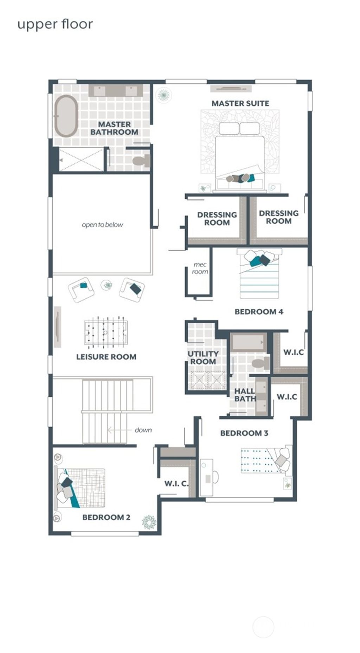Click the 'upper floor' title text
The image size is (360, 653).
point(55,25)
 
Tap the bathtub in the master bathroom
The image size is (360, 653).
point(66,116)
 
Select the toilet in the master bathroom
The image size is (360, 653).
point(141,161)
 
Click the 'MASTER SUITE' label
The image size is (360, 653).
point(240,103)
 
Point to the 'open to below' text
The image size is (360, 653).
point(102,225)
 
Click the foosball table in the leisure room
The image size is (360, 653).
point(105,332)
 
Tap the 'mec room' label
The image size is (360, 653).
point(200,268)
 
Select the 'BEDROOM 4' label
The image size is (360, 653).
point(259,312)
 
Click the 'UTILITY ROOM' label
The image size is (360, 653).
point(203,358)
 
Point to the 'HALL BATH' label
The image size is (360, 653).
point(245,395)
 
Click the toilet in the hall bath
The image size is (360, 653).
point(261,363)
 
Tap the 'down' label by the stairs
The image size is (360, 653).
point(143,430)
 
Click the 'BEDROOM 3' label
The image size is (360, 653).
point(244,433)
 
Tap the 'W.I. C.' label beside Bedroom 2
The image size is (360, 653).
point(176,484)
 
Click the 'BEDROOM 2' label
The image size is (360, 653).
point(106,517)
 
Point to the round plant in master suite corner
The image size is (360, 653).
point(163,95)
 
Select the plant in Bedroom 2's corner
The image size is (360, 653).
point(149,522)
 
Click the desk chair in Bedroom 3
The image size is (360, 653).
point(215,477)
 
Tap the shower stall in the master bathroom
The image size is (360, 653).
point(82,160)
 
